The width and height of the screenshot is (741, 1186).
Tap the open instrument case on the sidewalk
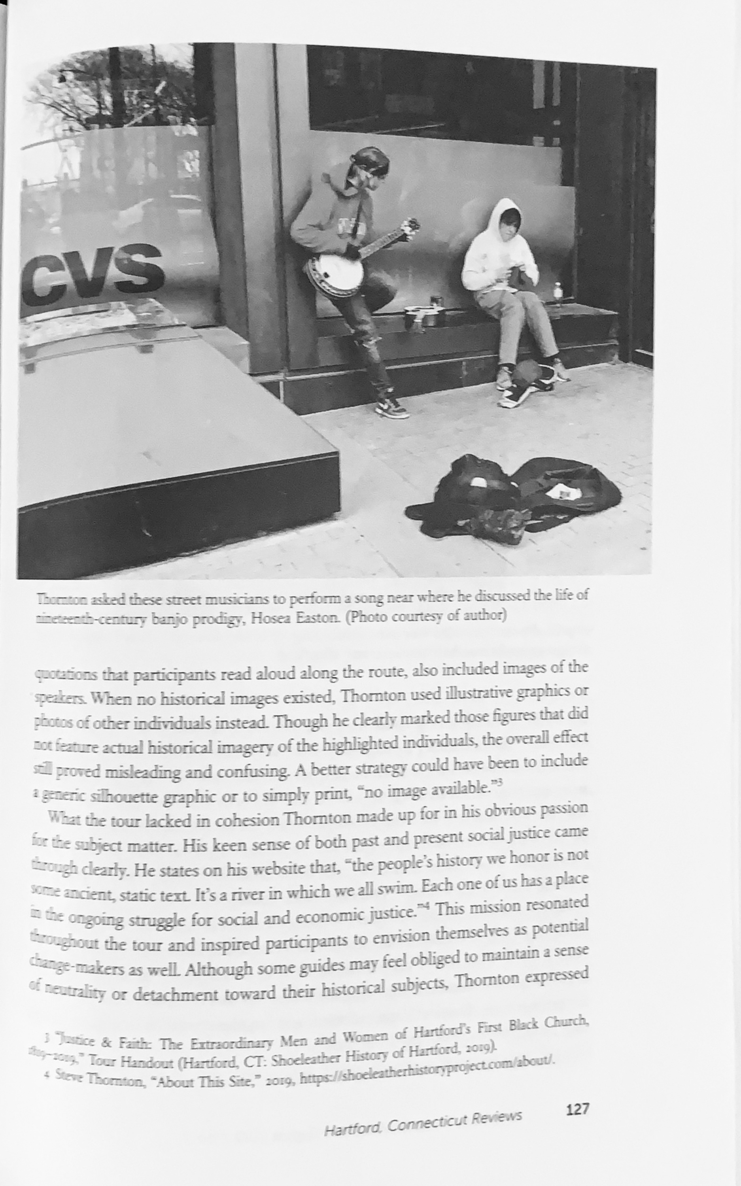514,495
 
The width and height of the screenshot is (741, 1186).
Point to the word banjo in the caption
170,619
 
